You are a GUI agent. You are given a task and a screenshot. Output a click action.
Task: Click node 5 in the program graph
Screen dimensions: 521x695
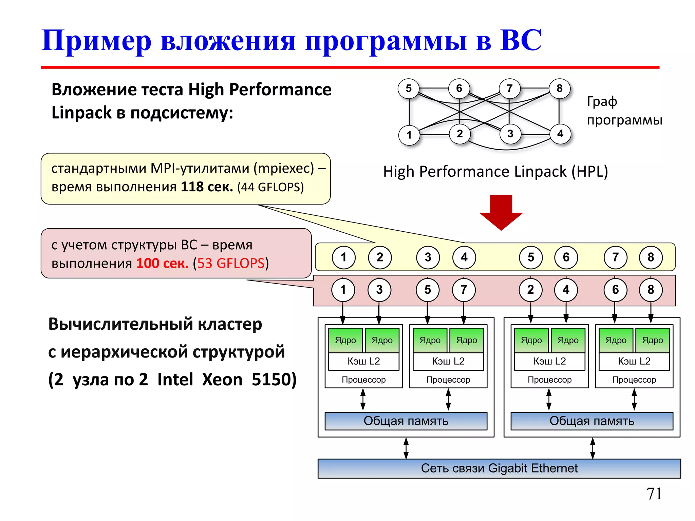point(409,89)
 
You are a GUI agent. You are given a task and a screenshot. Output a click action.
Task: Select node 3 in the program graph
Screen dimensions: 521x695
point(510,134)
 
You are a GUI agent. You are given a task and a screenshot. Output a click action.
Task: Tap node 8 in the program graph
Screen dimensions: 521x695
point(560,89)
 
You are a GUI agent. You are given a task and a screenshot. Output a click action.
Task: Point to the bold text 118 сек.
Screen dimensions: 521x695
point(207,187)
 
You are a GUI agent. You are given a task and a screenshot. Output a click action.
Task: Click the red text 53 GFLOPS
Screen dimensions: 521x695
point(231,263)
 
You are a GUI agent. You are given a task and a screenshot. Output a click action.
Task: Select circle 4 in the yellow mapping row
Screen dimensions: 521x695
point(464,257)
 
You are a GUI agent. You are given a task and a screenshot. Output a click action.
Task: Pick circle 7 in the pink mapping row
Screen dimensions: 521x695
point(464,290)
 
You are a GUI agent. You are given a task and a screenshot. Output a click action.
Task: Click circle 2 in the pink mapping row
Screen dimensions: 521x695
point(530,290)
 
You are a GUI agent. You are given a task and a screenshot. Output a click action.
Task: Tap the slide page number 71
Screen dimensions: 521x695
point(654,494)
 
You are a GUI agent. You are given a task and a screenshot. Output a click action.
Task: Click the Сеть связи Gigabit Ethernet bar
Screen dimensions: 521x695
point(499,468)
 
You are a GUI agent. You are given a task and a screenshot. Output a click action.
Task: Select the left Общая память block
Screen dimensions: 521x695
point(406,421)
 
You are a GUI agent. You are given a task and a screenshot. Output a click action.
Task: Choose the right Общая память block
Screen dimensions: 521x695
point(592,421)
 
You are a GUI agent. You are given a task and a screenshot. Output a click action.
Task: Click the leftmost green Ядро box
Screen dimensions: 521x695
point(345,340)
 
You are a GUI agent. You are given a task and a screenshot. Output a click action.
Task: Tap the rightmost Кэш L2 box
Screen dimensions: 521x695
point(634,361)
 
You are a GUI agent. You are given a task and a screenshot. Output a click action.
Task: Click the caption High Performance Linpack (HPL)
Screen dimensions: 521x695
point(495,172)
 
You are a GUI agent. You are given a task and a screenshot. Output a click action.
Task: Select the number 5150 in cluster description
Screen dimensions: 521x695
point(274,380)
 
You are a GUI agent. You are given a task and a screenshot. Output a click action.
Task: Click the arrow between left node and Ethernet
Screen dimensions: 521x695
point(406,448)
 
